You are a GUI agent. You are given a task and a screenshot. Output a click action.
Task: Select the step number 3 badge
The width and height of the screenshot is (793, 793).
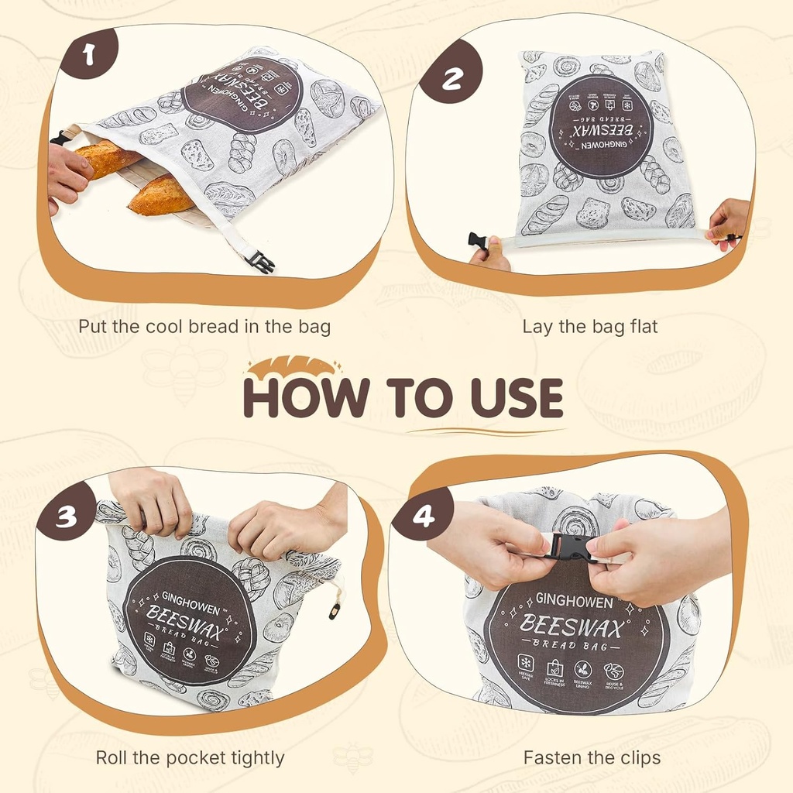(66, 515)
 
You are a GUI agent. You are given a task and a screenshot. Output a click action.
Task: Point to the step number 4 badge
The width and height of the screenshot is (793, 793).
(422, 514)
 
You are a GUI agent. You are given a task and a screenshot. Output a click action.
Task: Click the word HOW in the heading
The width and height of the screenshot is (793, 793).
(305, 398)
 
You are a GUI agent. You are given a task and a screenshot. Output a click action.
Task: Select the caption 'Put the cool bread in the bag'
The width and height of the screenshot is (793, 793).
(204, 327)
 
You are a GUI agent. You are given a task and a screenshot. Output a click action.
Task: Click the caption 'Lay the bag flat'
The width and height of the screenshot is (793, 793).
(589, 327)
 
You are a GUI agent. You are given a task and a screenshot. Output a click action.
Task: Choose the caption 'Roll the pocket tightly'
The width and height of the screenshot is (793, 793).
(190, 757)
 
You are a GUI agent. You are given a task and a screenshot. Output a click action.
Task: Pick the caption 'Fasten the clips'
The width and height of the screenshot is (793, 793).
(592, 757)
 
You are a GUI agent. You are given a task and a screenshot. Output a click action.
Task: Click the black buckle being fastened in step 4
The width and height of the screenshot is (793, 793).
(569, 548)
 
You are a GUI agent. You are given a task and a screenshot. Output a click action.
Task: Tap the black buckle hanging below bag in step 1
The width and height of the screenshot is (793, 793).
(260, 262)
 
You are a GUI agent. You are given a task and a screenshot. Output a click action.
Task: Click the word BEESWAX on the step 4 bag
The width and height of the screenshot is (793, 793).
(571, 624)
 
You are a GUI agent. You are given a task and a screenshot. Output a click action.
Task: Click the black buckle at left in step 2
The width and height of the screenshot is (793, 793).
(478, 241)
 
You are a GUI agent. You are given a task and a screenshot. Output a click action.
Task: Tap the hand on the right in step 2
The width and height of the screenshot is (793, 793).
(728, 221)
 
